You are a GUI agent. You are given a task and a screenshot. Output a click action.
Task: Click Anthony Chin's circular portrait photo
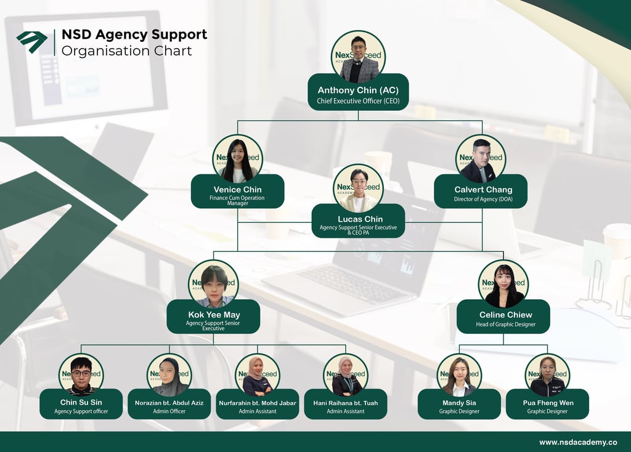point(358,57)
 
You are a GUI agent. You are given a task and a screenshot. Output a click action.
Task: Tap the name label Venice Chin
point(237,190)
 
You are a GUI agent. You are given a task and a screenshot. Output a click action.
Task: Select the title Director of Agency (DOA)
point(482,200)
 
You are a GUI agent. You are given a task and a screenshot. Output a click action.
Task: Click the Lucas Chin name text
point(360,219)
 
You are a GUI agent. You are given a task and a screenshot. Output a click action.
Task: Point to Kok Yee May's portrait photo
point(213,285)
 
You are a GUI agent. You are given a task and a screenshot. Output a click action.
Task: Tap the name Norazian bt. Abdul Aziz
point(169,403)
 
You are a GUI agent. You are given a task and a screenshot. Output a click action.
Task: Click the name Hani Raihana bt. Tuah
point(345,403)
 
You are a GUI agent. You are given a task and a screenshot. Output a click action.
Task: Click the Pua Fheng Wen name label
point(547,403)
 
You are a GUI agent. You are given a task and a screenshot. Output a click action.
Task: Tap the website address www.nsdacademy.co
point(578,442)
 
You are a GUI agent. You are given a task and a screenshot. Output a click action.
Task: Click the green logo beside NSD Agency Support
point(32,41)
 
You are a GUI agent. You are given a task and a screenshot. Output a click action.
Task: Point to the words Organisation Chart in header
point(126,51)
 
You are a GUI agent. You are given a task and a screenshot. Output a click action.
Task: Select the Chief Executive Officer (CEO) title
point(358,101)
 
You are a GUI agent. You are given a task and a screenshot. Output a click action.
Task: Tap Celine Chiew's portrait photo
point(503,285)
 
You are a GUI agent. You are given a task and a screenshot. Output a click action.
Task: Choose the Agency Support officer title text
point(81,411)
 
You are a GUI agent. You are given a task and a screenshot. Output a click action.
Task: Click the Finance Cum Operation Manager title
point(237,200)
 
